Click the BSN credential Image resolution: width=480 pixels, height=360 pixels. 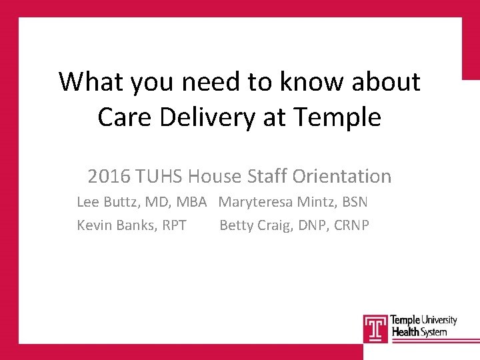(x=353, y=202)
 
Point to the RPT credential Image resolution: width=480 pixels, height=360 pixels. (x=172, y=225)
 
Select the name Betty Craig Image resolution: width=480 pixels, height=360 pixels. (x=251, y=225)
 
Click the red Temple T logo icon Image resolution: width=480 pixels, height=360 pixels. (x=375, y=328)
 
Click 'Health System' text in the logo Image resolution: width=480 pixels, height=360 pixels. (x=419, y=332)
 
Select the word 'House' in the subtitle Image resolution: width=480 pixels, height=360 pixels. (x=214, y=177)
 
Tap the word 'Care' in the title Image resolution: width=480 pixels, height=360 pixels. (x=125, y=117)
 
